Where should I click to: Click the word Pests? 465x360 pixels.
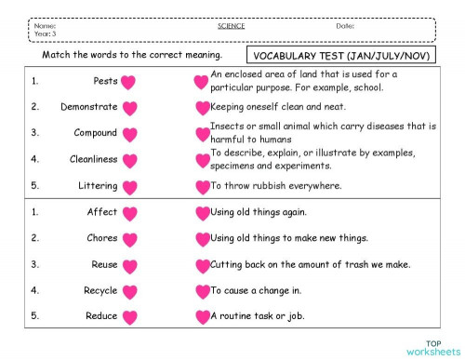point(105,81)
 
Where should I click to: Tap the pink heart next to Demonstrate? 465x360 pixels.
point(130,108)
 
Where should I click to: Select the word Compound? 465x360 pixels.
point(96,133)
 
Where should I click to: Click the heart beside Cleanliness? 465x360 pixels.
point(130,160)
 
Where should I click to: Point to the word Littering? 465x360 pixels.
point(98,186)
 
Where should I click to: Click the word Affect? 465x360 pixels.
point(102,212)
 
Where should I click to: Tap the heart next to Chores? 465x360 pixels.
point(130,239)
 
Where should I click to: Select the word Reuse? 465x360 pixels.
point(104,264)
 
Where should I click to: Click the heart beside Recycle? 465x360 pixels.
point(130,291)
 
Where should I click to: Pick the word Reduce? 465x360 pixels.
point(101,316)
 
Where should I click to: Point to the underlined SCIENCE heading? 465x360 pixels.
point(231,25)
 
